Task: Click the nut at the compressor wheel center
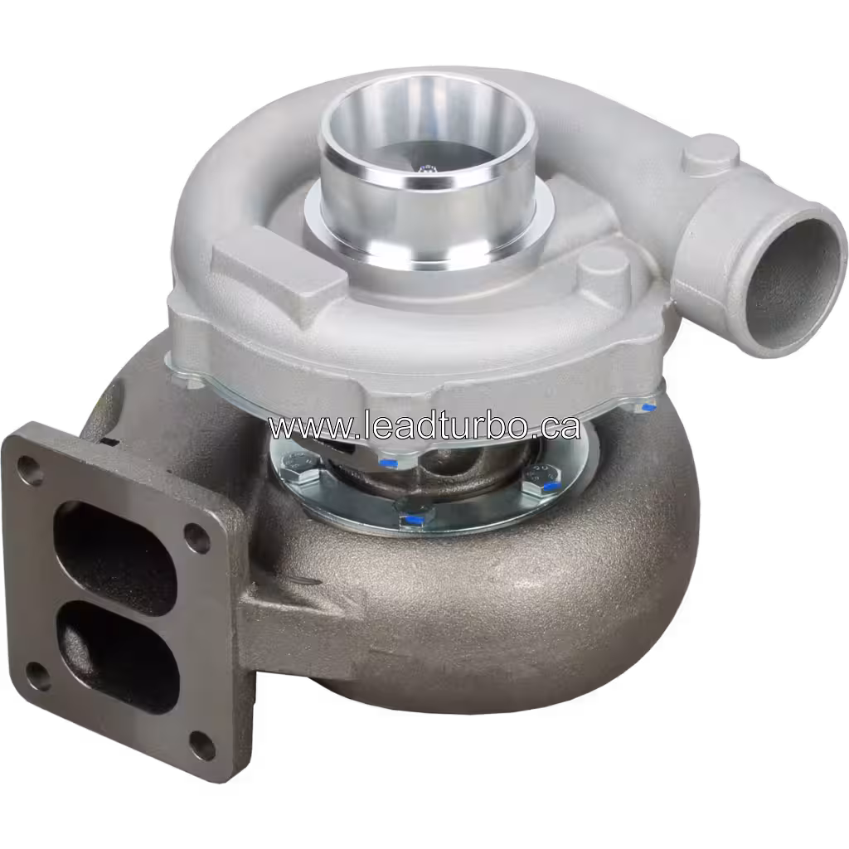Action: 428,169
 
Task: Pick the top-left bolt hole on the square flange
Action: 30,469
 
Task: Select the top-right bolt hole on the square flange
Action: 197,537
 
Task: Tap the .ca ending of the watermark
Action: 555,426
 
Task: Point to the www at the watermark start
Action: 303,428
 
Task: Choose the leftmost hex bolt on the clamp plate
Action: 296,473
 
